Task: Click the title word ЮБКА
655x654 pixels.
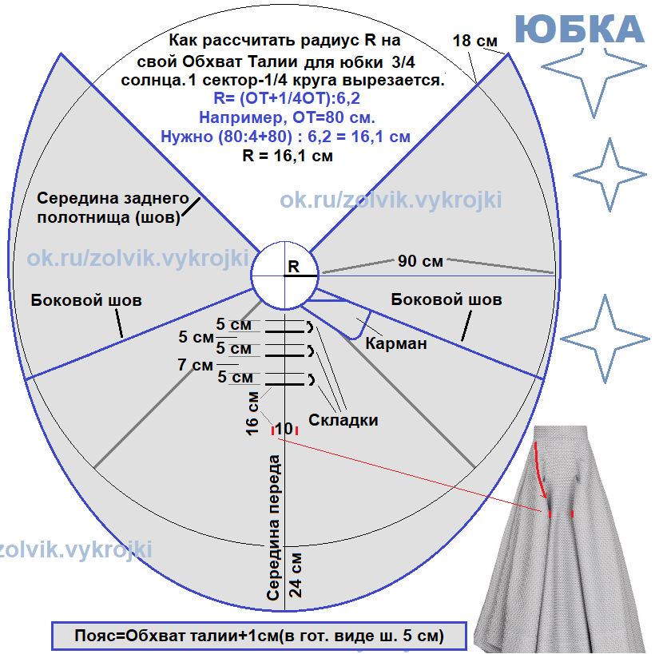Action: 579,30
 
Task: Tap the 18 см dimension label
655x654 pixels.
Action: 472,41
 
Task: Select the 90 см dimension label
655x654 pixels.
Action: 420,260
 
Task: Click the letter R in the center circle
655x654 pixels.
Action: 294,266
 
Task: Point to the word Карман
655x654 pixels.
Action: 395,344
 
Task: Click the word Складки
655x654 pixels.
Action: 343,420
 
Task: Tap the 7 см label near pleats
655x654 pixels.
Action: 196,365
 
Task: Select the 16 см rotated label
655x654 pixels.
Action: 253,414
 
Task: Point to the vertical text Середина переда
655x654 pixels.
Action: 274,528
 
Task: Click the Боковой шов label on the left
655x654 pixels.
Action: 86,301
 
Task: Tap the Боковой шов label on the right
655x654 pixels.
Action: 447,299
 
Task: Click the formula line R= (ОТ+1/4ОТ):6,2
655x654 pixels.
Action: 284,99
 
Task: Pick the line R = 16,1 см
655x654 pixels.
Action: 287,156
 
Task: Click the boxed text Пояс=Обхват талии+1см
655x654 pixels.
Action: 259,636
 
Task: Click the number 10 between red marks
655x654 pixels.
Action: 284,428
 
